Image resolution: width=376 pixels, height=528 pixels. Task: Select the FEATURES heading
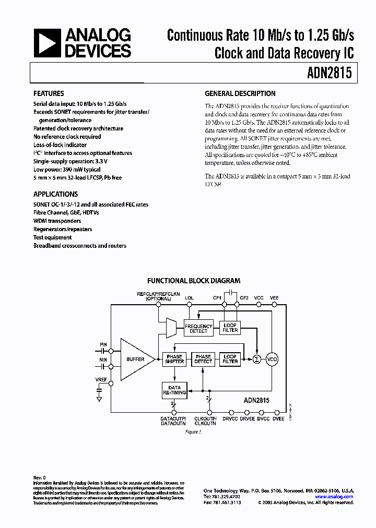pyautogui.click(x=49, y=94)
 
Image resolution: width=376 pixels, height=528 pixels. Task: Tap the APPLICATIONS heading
pyautogui.click(x=55, y=194)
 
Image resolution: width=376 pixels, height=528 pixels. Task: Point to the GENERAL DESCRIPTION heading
pyautogui.click(x=240, y=94)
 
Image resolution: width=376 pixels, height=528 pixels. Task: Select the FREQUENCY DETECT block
pyautogui.click(x=198, y=328)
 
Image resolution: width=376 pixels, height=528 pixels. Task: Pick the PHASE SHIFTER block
pyautogui.click(x=174, y=359)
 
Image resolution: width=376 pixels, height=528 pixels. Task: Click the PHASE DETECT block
pyautogui.click(x=203, y=359)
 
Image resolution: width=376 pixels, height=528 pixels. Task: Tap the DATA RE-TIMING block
pyautogui.click(x=174, y=390)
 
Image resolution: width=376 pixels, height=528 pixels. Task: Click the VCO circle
pyautogui.click(x=273, y=359)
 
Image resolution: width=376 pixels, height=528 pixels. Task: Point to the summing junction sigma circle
pyautogui.click(x=256, y=359)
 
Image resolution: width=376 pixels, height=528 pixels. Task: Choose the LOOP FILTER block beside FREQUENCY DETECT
pyautogui.click(x=230, y=328)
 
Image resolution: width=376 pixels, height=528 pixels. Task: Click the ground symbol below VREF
pyautogui.click(x=99, y=399)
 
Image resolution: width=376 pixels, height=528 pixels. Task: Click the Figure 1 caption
pyautogui.click(x=193, y=432)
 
